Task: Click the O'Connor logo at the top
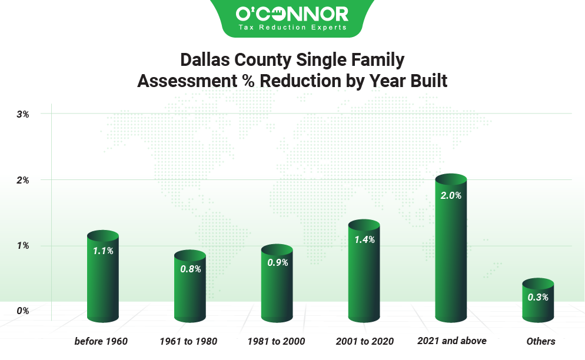292,14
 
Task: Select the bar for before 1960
103,276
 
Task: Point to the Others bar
538,301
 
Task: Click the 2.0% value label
451,195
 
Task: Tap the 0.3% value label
538,297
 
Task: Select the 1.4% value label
364,239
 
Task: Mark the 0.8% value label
190,269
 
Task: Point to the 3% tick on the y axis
23,114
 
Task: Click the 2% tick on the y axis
23,180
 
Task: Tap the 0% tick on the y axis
23,311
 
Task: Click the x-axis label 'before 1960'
101,341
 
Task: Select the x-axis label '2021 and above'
452,341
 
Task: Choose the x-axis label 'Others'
541,341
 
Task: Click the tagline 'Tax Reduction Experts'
292,27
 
